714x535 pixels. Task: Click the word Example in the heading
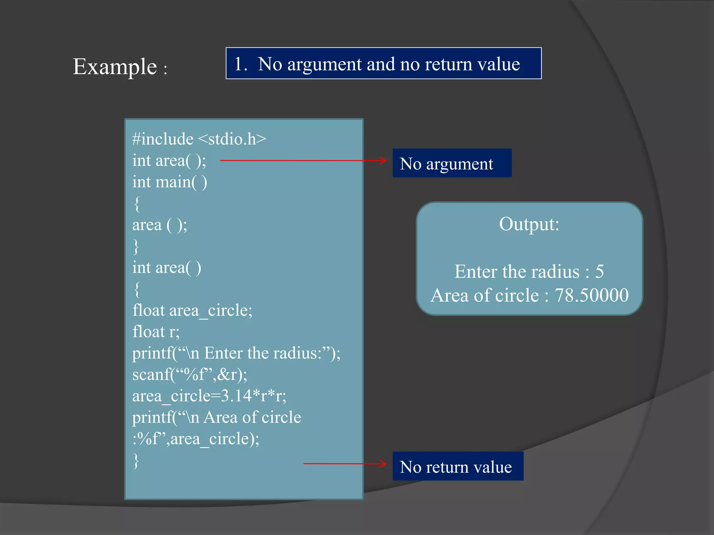pyautogui.click(x=115, y=67)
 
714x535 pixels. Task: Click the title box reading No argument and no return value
pyautogui.click(x=383, y=63)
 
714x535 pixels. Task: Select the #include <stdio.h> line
pyautogui.click(x=199, y=139)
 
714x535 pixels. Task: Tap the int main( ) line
pyautogui.click(x=170, y=182)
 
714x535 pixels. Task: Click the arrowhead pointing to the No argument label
pyautogui.click(x=383, y=161)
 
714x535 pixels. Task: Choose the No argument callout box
pyautogui.click(x=452, y=163)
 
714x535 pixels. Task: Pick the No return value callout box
pyautogui.click(x=457, y=466)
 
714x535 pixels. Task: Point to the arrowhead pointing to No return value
pyautogui.click(x=383, y=464)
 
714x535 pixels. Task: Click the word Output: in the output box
pyautogui.click(x=529, y=224)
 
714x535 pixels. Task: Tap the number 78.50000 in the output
pyautogui.click(x=591, y=295)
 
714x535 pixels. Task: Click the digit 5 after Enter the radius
pyautogui.click(x=599, y=271)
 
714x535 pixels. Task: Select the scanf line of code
pyautogui.click(x=190, y=375)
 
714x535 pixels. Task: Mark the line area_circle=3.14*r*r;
pyautogui.click(x=209, y=396)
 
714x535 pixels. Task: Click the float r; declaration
pyautogui.click(x=156, y=332)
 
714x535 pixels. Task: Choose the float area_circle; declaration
pyautogui.click(x=192, y=310)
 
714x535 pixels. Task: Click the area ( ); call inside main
pyautogui.click(x=160, y=225)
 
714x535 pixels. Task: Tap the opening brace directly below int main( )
pyautogui.click(x=137, y=204)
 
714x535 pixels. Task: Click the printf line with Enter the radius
pyautogui.click(x=236, y=353)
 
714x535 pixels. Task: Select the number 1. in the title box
pyautogui.click(x=241, y=64)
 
